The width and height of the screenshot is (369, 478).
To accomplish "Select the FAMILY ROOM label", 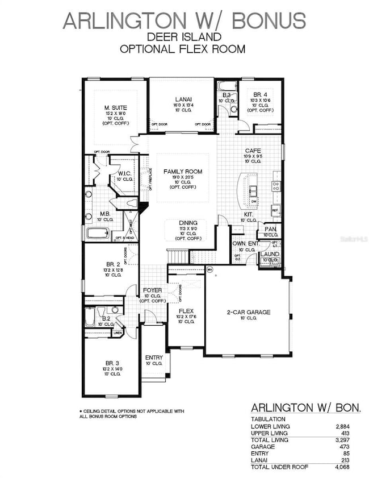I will [183, 171].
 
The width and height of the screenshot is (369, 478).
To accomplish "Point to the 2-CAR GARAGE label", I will [247, 312].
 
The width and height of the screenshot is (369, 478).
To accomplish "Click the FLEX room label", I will [186, 311].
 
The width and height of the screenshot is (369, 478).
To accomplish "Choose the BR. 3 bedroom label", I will [111, 362].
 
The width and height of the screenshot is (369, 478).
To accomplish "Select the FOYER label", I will [152, 290].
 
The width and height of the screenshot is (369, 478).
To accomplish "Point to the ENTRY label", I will [154, 358].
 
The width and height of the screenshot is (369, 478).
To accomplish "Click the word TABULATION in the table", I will [269, 419].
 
